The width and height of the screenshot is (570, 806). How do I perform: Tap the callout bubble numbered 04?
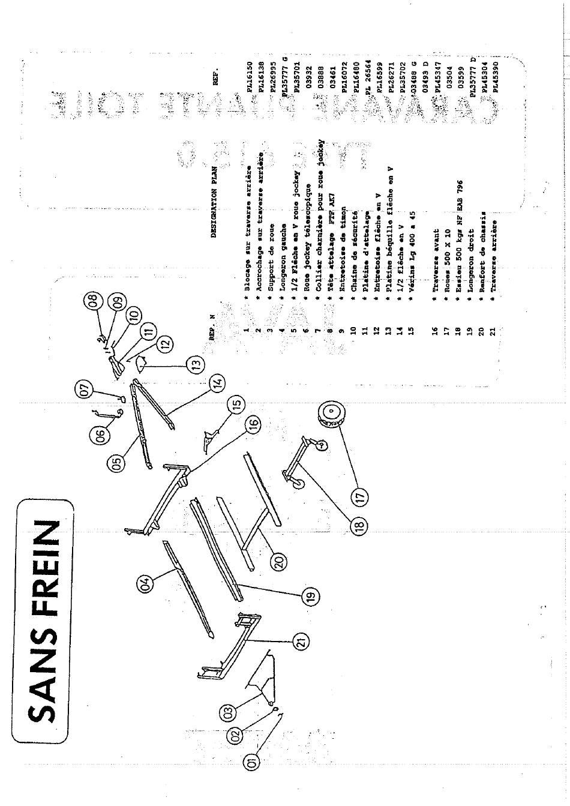click(145, 583)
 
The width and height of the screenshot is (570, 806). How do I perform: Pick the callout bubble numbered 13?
click(195, 364)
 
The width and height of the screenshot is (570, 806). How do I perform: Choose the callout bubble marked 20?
click(280, 562)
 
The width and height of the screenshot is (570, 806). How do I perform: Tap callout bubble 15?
click(236, 406)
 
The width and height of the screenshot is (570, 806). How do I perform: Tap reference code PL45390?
click(495, 79)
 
